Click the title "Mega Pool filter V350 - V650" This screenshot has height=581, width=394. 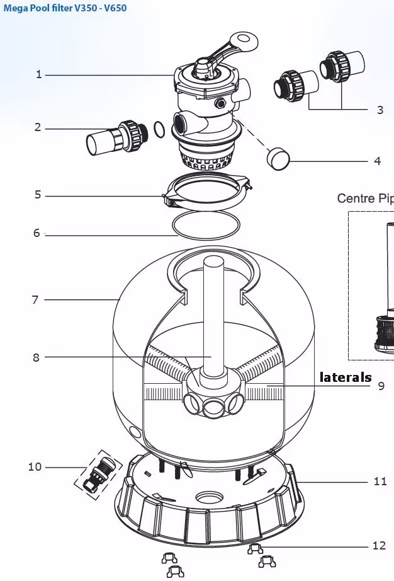pos(65,9)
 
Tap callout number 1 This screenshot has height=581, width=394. pos(38,74)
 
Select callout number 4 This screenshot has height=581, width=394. pos(377,161)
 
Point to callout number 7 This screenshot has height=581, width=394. pos(35,299)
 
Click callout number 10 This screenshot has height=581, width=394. pos(35,467)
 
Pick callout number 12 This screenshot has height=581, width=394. pos(379,546)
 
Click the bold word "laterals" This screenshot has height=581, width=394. pos(346,377)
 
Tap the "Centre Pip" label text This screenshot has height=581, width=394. pos(365,198)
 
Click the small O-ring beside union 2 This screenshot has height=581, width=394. pos(160,130)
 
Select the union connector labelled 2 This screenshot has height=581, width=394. pos(113,137)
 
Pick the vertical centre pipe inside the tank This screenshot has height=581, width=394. pos(212,315)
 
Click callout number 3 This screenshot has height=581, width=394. pos(380,110)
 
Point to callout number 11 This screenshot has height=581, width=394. pos(380,481)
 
